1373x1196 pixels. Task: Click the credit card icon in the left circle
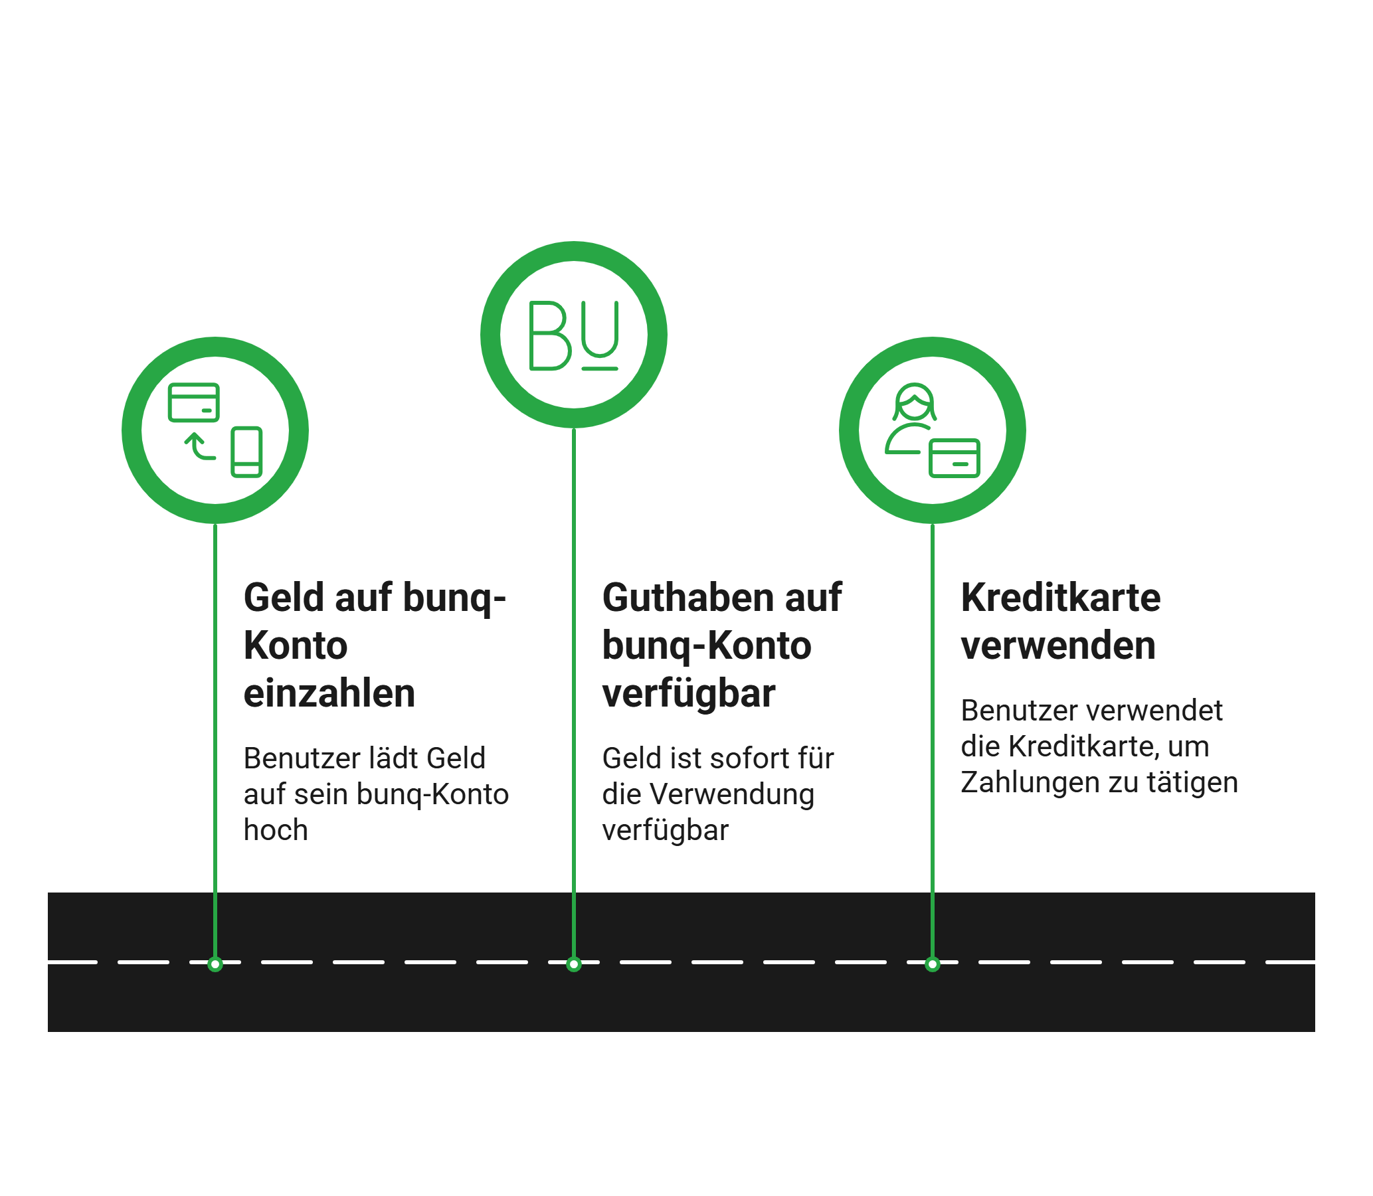point(193,402)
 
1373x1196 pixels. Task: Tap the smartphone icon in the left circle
point(246,452)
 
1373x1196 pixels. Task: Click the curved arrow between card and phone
point(199,446)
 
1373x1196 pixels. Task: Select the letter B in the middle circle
point(549,335)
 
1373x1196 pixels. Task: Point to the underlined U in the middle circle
point(599,334)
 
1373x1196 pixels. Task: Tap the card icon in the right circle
point(955,458)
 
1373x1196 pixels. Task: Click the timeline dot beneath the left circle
point(215,964)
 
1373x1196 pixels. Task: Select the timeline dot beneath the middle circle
point(573,964)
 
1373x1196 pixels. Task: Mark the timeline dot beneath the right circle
point(933,964)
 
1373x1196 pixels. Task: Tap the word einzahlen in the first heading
point(329,693)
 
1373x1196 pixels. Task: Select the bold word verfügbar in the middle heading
point(689,693)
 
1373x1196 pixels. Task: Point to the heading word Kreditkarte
point(1061,596)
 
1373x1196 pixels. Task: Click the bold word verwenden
point(1058,645)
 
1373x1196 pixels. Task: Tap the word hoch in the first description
point(276,829)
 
